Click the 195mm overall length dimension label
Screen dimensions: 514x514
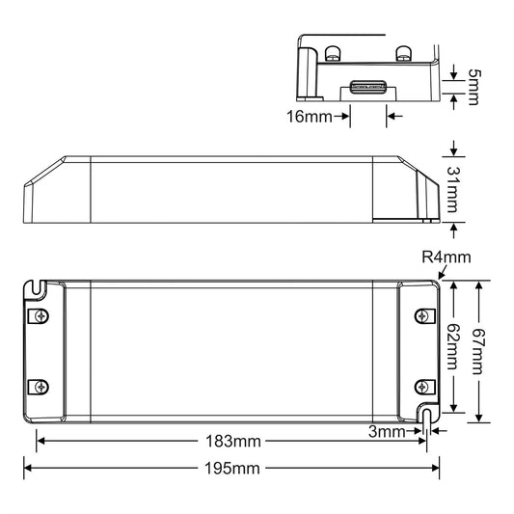[232, 469]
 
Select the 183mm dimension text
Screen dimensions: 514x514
[233, 442]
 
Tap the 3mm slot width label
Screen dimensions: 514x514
[387, 431]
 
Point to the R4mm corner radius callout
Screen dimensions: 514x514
[446, 257]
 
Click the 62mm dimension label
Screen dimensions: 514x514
[453, 346]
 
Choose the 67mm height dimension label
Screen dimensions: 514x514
[478, 351]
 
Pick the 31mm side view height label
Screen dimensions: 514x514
[453, 189]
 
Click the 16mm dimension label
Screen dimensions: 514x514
[310, 117]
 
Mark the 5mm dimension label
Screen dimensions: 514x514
[474, 87]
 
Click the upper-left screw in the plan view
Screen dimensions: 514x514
[41, 316]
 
